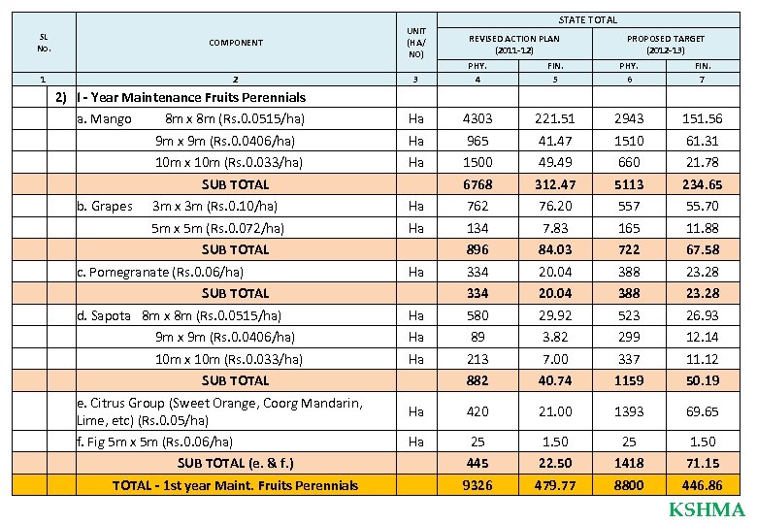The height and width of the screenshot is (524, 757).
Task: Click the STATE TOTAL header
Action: pos(588,19)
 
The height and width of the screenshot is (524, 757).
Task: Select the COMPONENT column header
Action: pos(235,43)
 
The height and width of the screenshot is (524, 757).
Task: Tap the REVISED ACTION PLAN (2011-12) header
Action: pos(514,44)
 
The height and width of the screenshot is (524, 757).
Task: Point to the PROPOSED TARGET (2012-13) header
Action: pos(666,44)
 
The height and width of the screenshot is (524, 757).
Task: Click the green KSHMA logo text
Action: pos(707,510)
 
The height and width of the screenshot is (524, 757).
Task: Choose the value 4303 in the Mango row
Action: pos(477,118)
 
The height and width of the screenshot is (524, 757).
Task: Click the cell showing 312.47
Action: pos(547,183)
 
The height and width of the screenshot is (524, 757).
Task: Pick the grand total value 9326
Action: pos(477,485)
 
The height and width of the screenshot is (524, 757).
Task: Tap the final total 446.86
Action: pos(702,485)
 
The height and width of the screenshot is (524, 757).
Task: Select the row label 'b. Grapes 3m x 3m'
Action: pos(177,206)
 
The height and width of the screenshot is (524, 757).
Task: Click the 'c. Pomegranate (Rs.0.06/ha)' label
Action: pos(159,272)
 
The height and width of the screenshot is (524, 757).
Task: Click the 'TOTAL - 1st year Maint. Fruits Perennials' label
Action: pos(235,485)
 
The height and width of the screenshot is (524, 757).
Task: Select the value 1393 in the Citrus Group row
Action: pos(627,411)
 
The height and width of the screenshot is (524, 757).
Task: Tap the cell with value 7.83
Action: pos(547,228)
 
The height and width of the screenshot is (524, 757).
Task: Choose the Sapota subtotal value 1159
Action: pos(627,380)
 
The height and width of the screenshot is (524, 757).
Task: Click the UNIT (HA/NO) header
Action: pos(415,43)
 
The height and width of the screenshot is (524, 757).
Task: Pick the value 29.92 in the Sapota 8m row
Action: pos(547,315)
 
